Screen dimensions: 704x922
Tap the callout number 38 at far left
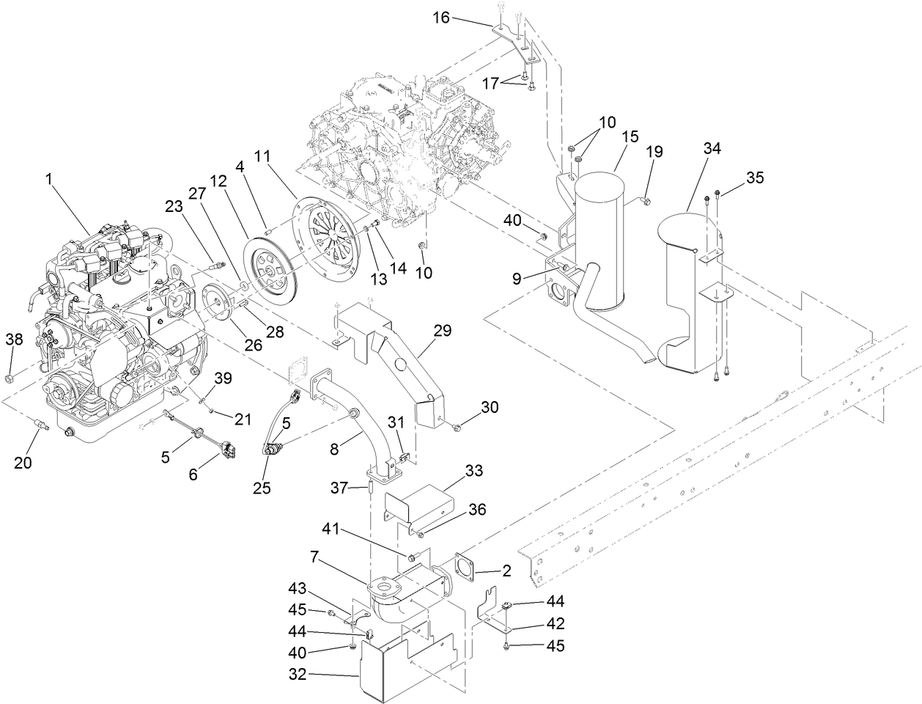click(x=15, y=339)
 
